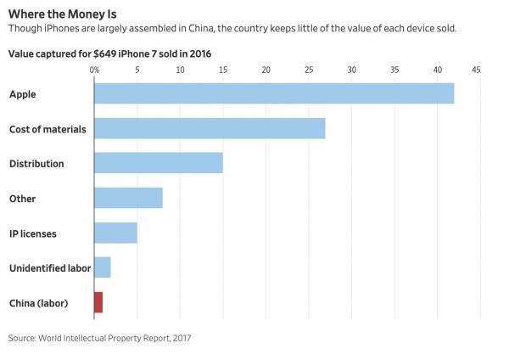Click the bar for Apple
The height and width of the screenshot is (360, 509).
[274, 93]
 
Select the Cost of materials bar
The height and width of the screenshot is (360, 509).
[210, 128]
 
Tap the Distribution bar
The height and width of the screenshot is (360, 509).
[158, 163]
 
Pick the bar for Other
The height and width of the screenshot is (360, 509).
[128, 198]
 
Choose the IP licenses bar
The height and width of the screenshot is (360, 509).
[115, 233]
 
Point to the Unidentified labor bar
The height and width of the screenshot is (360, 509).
[102, 267]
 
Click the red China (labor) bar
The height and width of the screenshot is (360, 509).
[98, 302]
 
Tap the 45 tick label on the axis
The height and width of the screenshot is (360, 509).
[476, 69]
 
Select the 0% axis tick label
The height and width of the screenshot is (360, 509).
[94, 69]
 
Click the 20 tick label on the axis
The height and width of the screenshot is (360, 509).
[266, 69]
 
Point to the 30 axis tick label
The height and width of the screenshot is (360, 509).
[352, 69]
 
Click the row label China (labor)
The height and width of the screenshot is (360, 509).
[38, 303]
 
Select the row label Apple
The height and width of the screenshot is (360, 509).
[22, 94]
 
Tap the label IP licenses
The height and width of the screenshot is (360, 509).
[34, 233]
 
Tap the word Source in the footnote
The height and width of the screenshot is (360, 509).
[23, 338]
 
